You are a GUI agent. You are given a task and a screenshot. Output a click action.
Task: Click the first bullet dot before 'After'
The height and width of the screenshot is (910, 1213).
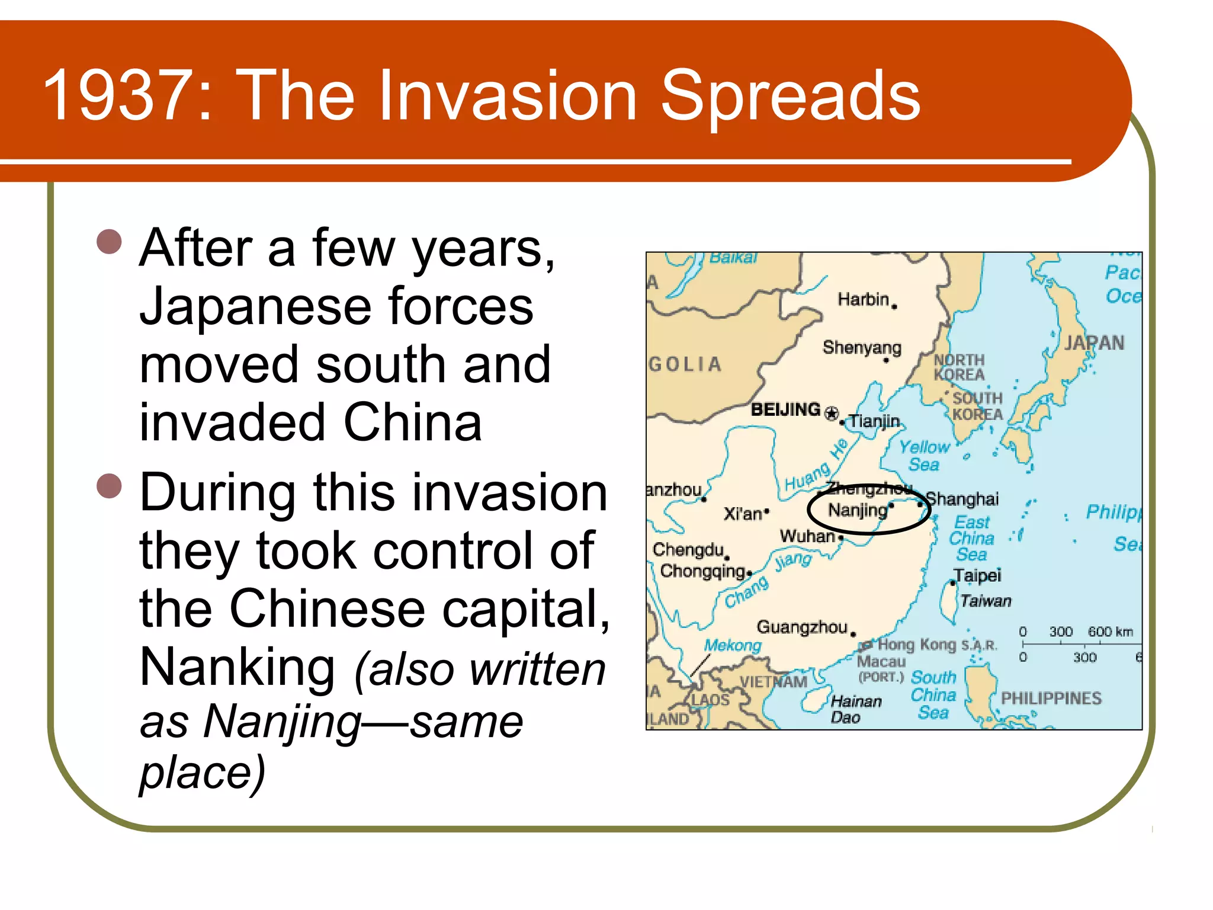pyautogui.click(x=110, y=242)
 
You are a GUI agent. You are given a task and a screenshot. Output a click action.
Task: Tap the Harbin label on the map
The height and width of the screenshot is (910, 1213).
pyautogui.click(x=863, y=300)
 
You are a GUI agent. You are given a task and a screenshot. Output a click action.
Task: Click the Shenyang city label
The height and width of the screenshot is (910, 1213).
pyautogui.click(x=862, y=347)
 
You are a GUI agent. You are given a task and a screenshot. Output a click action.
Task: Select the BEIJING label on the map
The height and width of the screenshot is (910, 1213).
pyautogui.click(x=785, y=409)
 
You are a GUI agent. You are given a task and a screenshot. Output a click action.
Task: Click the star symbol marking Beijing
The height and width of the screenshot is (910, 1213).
pyautogui.click(x=832, y=413)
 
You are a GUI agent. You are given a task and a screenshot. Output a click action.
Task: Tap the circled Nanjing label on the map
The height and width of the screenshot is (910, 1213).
pyautogui.click(x=858, y=510)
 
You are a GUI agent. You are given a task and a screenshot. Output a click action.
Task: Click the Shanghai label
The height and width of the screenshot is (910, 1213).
pyautogui.click(x=962, y=499)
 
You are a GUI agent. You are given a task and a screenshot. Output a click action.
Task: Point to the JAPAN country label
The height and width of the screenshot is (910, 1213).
pyautogui.click(x=1094, y=343)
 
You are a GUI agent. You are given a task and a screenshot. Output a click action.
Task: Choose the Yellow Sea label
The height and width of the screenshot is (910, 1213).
pyautogui.click(x=924, y=455)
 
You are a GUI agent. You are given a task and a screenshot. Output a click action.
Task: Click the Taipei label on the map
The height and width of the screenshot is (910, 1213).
pyautogui.click(x=977, y=575)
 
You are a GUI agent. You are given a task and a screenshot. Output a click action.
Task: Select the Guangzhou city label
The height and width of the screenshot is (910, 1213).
pyautogui.click(x=802, y=627)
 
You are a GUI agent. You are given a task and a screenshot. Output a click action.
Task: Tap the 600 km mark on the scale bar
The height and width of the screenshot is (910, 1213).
pyautogui.click(x=1110, y=632)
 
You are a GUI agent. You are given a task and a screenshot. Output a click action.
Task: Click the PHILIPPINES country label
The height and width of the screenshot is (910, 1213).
pyautogui.click(x=1051, y=698)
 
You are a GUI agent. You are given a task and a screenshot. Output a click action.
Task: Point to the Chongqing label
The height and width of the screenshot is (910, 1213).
pyautogui.click(x=702, y=571)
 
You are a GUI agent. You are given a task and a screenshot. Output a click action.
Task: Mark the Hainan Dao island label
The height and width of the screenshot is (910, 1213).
pyautogui.click(x=855, y=709)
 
